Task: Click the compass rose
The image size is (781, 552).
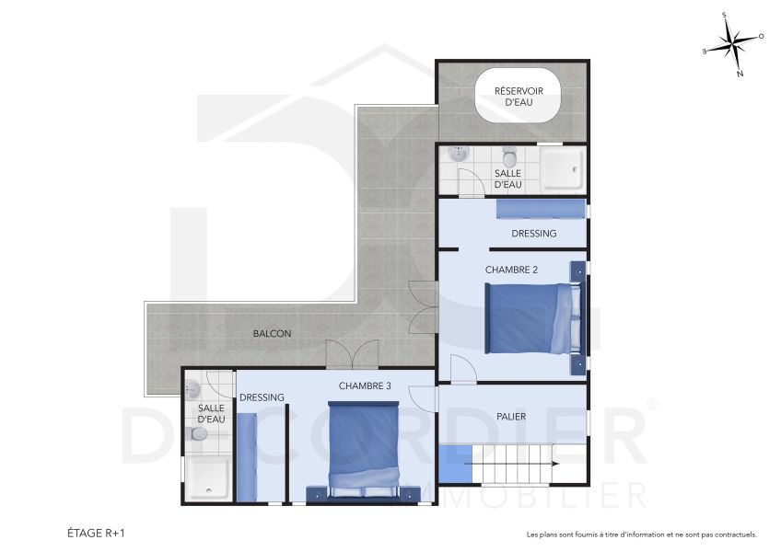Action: (733, 43)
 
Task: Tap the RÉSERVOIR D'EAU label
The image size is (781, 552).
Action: (519, 97)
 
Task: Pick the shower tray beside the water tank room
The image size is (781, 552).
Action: (561, 169)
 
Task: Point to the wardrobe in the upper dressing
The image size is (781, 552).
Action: (540, 210)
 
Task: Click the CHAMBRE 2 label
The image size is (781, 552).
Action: (511, 270)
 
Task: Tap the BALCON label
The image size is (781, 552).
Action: (272, 333)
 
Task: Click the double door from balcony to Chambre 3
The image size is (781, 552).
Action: (352, 354)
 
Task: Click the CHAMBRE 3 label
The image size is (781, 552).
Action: (365, 385)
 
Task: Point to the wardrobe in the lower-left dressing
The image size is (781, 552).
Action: (247, 456)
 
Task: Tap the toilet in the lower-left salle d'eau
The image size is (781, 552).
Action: (194, 433)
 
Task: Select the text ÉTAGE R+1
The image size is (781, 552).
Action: (96, 533)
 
